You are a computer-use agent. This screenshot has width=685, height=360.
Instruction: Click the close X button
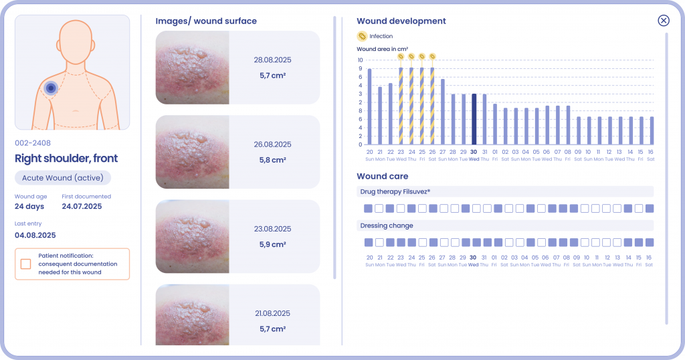[664, 21]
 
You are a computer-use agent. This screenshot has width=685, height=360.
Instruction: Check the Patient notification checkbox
[25, 264]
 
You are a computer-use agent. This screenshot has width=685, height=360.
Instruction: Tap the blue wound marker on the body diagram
[50, 88]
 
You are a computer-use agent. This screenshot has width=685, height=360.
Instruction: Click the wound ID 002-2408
[33, 143]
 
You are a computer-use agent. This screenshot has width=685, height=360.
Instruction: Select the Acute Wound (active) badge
[63, 178]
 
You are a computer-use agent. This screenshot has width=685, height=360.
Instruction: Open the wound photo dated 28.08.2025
[193, 68]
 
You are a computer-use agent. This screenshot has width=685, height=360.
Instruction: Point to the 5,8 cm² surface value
[272, 160]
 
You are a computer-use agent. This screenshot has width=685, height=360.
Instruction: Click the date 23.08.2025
[272, 228]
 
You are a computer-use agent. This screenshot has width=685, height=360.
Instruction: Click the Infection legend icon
[362, 36]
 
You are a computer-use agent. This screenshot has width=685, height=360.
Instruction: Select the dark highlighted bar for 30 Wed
[474, 119]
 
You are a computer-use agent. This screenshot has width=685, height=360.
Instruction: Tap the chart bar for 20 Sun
[369, 106]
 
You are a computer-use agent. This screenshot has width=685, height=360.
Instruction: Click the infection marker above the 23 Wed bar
[401, 56]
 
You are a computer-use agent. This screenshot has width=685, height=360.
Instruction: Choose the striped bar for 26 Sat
[432, 106]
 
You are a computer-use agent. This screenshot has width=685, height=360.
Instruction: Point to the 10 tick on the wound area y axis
[360, 60]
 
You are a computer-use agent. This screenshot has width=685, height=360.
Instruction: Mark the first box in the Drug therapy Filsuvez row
[369, 209]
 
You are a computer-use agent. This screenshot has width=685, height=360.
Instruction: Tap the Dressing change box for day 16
[649, 242]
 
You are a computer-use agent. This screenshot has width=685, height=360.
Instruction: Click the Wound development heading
[401, 21]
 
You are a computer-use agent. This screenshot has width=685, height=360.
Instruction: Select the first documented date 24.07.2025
[82, 207]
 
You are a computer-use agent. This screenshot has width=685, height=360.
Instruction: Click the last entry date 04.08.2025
[35, 235]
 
